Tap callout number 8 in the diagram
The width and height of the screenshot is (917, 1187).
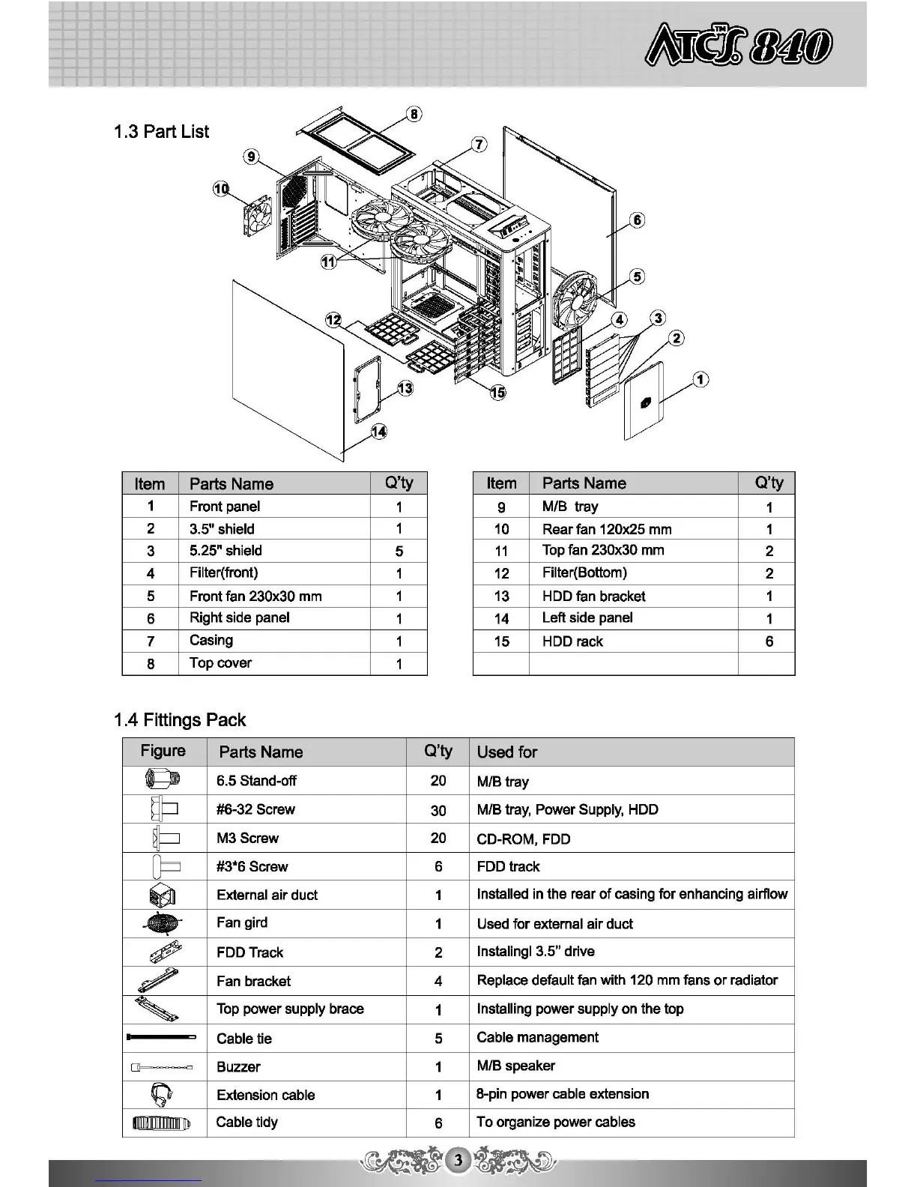point(413,114)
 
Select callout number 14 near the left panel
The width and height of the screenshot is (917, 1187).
point(379,432)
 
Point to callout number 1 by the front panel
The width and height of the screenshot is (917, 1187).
point(700,379)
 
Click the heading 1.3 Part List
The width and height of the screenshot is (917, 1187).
point(161,132)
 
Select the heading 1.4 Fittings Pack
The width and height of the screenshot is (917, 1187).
point(180,720)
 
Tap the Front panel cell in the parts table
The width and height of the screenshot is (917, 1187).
point(225,507)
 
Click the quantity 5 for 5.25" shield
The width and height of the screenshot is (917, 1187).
point(399,552)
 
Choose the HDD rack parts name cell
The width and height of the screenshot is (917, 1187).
point(572,641)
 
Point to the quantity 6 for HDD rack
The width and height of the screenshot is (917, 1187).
point(769,641)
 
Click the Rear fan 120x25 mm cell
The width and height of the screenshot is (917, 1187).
point(607,529)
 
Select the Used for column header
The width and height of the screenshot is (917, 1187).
point(507,752)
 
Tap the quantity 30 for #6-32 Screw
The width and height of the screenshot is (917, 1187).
point(438,810)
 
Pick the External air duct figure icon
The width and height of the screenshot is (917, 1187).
point(163,895)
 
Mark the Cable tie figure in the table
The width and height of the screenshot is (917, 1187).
point(163,1038)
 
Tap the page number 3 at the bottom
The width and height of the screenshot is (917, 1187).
point(458,1161)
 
